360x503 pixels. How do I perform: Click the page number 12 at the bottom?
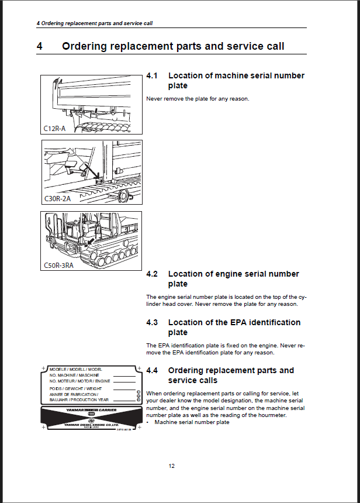coord(171,466)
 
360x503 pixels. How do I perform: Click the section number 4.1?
coord(153,75)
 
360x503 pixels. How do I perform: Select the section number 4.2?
coord(153,274)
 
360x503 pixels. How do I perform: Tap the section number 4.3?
coord(153,322)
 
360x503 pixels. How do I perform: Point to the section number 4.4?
coord(153,370)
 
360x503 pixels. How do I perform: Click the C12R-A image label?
coord(54,128)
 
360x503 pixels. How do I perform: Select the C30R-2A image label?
coord(57,198)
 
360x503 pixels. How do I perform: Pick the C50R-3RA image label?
coord(59,265)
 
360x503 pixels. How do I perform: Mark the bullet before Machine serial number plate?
coord(148,422)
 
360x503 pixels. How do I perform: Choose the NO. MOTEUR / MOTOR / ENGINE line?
coord(80,381)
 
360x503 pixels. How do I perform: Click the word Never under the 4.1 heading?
coord(154,98)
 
